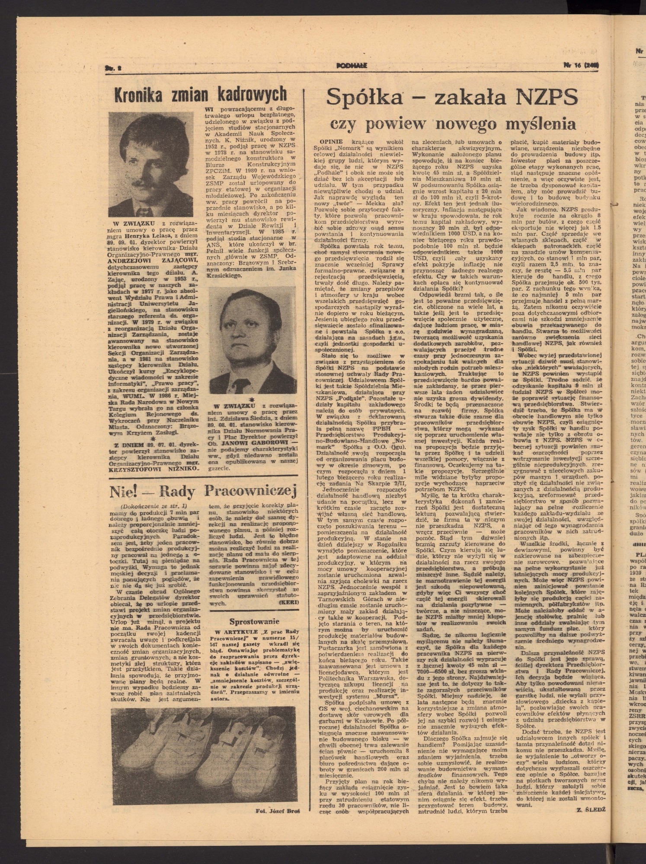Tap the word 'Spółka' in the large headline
(365, 97)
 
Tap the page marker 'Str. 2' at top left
(112, 67)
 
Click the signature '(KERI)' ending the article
(288, 602)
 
